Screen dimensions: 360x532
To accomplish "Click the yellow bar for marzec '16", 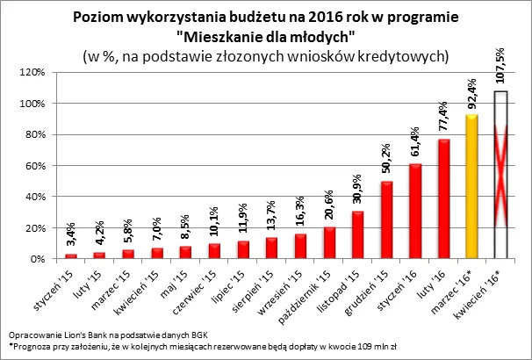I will [x=472, y=187].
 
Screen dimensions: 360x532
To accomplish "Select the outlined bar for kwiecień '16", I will [x=500, y=176].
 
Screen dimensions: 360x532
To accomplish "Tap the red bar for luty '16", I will [x=443, y=199].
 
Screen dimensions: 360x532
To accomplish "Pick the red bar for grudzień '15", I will [x=387, y=220].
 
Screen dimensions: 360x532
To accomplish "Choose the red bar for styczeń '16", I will [x=415, y=212].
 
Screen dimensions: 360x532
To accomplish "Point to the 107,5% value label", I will [x=500, y=66].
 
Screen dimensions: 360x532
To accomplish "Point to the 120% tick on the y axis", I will [x=32, y=72].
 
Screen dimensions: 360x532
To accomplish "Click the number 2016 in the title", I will [x=323, y=17].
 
